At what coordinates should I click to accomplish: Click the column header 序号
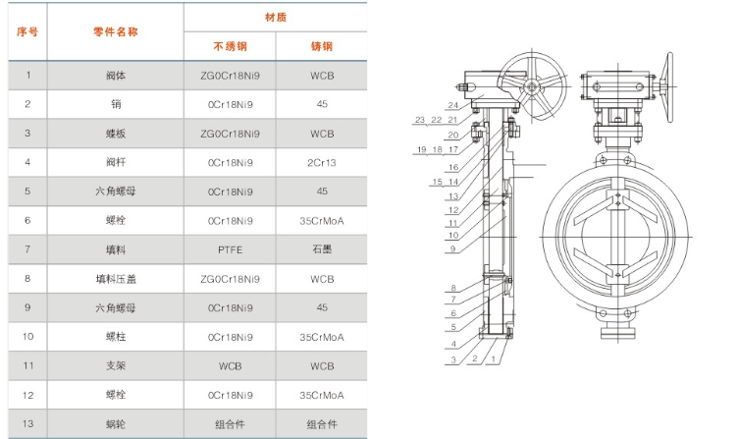(x=28, y=32)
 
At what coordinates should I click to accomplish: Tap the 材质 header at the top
(x=275, y=18)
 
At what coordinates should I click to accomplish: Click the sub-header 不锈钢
(x=230, y=47)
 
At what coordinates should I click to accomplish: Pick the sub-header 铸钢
(x=322, y=47)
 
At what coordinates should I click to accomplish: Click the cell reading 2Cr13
(x=322, y=162)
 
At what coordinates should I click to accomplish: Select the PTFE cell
(x=230, y=249)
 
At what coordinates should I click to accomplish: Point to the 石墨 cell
(x=322, y=249)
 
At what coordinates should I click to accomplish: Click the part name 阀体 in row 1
(x=116, y=76)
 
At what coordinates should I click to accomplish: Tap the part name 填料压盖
(x=116, y=278)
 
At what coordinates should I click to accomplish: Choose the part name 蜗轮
(x=116, y=423)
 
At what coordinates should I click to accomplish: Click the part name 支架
(x=116, y=365)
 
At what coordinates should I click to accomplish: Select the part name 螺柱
(x=116, y=336)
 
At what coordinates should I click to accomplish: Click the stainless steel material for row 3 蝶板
(x=230, y=134)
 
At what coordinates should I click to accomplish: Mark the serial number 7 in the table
(x=28, y=249)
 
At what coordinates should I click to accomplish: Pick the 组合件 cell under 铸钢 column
(x=322, y=423)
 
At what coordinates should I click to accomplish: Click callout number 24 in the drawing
(x=452, y=105)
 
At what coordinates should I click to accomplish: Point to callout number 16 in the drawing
(x=453, y=167)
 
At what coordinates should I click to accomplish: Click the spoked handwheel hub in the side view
(x=530, y=87)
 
